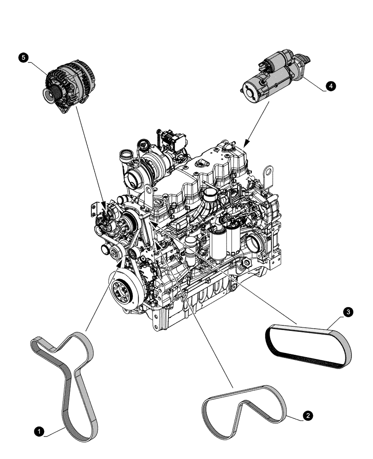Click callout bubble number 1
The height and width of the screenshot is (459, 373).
click(40, 431)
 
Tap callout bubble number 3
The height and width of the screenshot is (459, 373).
click(349, 312)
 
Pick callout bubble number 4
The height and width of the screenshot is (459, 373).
click(330, 86)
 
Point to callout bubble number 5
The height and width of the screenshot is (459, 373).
click(24, 57)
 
